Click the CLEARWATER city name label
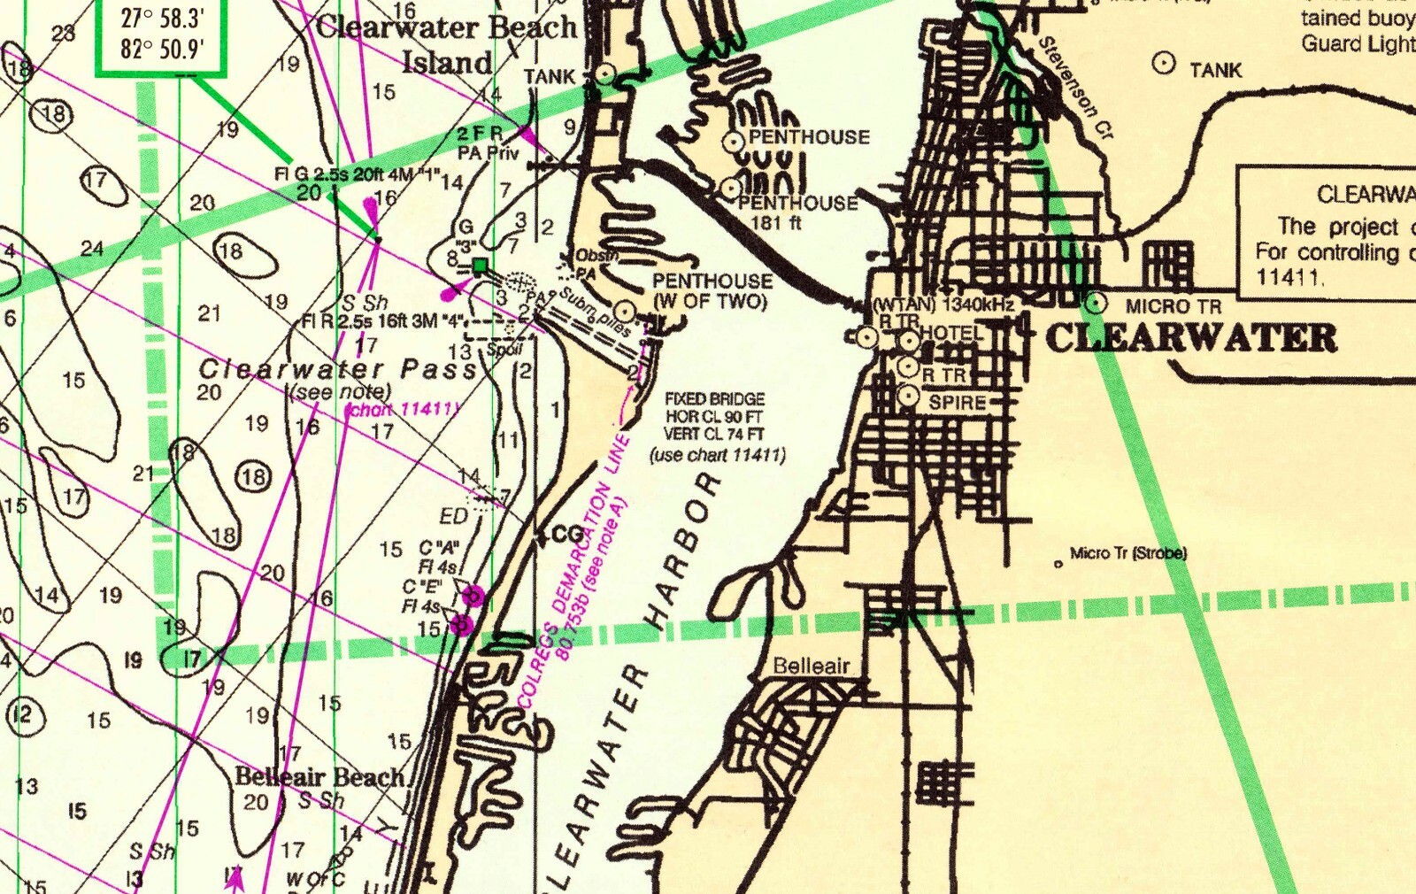pyautogui.click(x=1191, y=338)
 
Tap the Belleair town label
pyautogui.click(x=812, y=666)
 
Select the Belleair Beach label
pyautogui.click(x=319, y=777)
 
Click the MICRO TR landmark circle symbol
pyautogui.click(x=1096, y=303)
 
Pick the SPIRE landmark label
pyautogui.click(x=957, y=403)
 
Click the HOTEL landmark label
pyautogui.click(x=951, y=333)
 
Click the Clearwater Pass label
pyautogui.click(x=337, y=368)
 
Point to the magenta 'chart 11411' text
pyautogui.click(x=404, y=410)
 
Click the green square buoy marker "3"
pyautogui.click(x=480, y=266)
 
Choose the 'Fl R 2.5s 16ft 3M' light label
pyautogui.click(x=370, y=320)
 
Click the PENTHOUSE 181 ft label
pyautogui.click(x=796, y=212)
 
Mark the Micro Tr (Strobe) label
pyautogui.click(x=1127, y=553)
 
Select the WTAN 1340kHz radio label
pyautogui.click(x=943, y=304)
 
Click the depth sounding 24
pyautogui.click(x=92, y=248)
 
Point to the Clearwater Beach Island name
pyautogui.click(x=447, y=44)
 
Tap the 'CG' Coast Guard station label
pyautogui.click(x=566, y=535)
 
